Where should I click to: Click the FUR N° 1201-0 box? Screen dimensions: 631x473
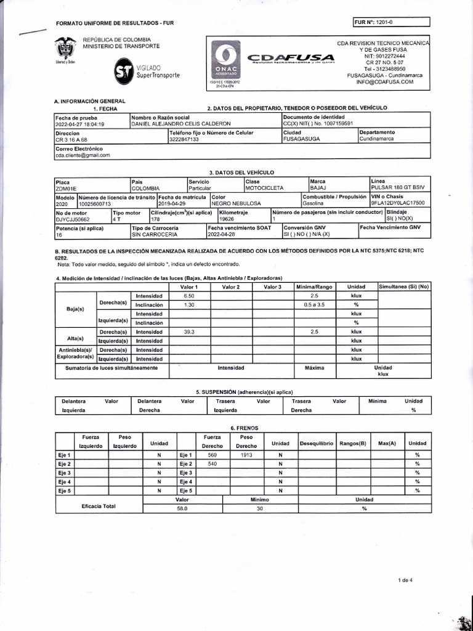390,23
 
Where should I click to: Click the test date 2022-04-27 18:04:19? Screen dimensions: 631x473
80,123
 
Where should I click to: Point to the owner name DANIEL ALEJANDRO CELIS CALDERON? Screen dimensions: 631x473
181,123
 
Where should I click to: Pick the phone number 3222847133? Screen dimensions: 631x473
184,139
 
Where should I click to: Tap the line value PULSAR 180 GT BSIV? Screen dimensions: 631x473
398,188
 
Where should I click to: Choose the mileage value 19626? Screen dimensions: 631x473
227,219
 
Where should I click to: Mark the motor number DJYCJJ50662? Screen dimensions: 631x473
73,219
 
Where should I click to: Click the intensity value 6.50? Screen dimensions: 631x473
189,296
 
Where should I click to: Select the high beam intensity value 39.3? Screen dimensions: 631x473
189,332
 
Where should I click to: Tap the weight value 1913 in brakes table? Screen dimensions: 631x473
246,454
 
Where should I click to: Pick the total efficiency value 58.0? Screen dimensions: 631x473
182,509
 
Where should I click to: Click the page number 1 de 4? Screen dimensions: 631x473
405,580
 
